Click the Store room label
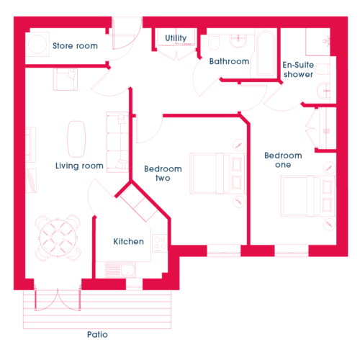(75, 45)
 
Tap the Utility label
(176, 38)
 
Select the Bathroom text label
(229, 61)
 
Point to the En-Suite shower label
(298, 69)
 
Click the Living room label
(79, 166)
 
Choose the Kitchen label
(129, 241)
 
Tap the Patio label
(97, 334)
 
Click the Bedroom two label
(163, 174)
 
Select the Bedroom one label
(283, 160)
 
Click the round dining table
(58, 238)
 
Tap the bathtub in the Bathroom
(266, 53)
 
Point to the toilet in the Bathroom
(214, 42)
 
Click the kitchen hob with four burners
(160, 243)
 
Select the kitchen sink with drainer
(120, 270)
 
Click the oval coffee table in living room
(76, 139)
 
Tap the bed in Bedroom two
(217, 174)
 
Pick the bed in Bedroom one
(308, 196)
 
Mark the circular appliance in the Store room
(37, 45)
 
